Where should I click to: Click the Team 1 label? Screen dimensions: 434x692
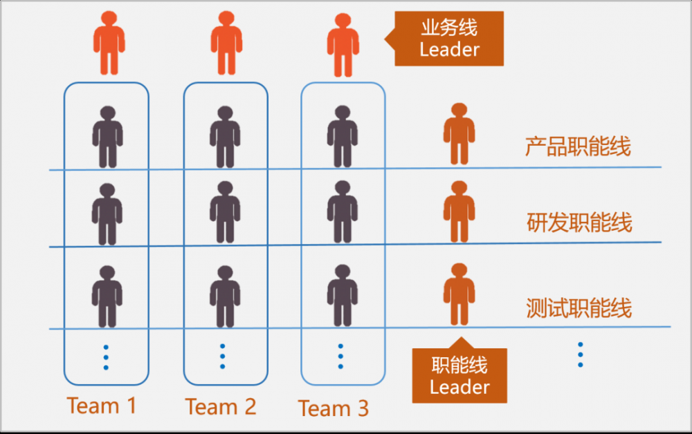pyautogui.click(x=102, y=406)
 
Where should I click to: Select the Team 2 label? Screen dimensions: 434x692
pyautogui.click(x=221, y=406)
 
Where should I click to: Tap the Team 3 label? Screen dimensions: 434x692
pyautogui.click(x=334, y=408)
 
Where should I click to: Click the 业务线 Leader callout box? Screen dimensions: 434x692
pyautogui.click(x=449, y=39)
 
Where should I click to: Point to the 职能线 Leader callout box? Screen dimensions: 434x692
pyautogui.click(x=459, y=375)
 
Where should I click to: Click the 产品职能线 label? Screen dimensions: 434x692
pyautogui.click(x=578, y=147)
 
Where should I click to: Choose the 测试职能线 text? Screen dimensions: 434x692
pyautogui.click(x=579, y=308)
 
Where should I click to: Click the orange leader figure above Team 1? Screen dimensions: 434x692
pyautogui.click(x=109, y=43)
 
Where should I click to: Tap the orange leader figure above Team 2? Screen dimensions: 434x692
pyautogui.click(x=226, y=43)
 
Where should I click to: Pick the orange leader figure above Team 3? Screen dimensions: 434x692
pyautogui.click(x=343, y=45)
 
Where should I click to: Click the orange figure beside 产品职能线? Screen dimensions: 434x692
pyautogui.click(x=459, y=134)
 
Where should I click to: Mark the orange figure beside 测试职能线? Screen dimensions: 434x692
pyautogui.click(x=459, y=294)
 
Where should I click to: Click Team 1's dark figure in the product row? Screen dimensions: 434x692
pyautogui.click(x=107, y=137)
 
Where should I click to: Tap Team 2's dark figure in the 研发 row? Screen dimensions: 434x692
pyautogui.click(x=225, y=213)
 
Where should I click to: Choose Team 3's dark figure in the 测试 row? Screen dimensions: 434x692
pyautogui.click(x=343, y=296)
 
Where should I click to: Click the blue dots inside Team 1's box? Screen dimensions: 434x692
pyautogui.click(x=106, y=357)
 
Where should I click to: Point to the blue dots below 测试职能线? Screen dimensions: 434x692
pyautogui.click(x=580, y=355)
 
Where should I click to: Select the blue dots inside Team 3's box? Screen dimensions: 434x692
pyautogui.click(x=341, y=356)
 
